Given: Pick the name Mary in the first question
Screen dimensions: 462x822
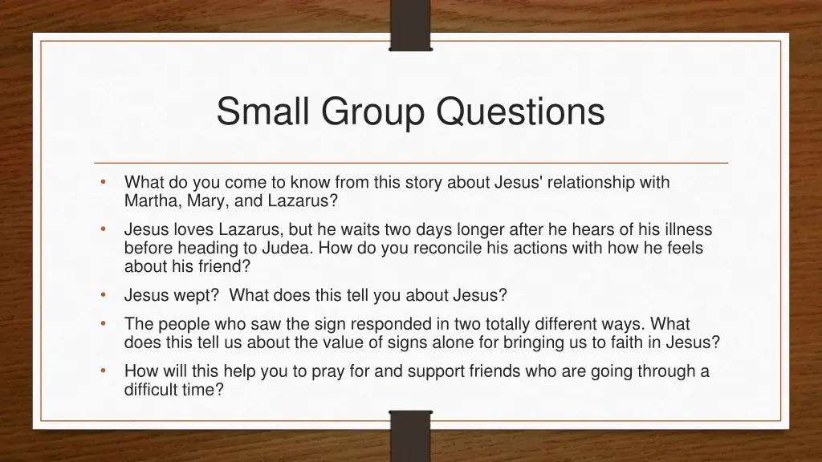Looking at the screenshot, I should (205, 201).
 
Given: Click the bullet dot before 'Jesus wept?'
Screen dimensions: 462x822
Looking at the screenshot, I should (104, 295).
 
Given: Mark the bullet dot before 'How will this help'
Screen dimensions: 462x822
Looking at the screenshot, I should (104, 371).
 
